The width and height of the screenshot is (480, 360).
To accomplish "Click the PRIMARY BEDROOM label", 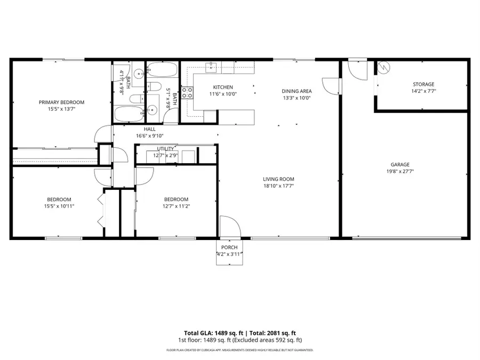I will click(x=61, y=102).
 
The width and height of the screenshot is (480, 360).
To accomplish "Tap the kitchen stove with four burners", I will click(x=187, y=94).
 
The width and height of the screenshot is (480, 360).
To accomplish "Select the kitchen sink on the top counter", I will click(x=212, y=66).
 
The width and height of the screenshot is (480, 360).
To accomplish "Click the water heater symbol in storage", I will click(x=384, y=67).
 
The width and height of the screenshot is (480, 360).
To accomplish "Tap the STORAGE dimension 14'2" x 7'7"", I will click(x=423, y=91).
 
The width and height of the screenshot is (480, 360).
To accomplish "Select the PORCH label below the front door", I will click(x=229, y=247).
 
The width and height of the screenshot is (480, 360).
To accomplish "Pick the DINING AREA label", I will click(x=297, y=91).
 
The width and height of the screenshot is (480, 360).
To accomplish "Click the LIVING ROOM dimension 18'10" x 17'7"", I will click(x=278, y=186).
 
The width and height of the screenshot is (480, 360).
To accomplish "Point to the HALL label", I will click(x=150, y=129).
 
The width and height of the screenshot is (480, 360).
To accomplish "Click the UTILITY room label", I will click(x=165, y=149).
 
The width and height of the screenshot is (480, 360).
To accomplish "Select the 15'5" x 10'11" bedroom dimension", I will click(x=59, y=206).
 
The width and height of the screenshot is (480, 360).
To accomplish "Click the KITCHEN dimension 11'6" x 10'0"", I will click(x=223, y=94).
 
